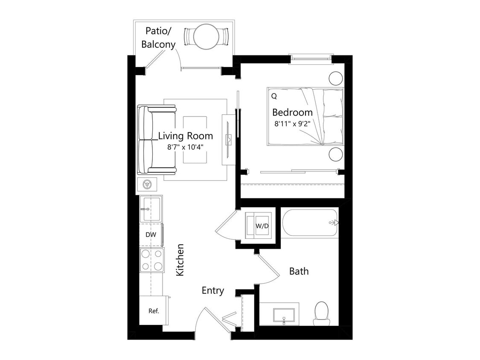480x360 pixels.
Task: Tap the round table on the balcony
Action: [x=206, y=37]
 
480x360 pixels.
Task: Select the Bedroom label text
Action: [x=292, y=113]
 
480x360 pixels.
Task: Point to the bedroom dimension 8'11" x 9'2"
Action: [x=292, y=125]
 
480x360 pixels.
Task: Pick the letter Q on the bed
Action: [x=273, y=96]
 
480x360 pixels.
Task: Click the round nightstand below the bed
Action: [x=336, y=154]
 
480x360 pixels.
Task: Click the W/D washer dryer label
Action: [x=262, y=226]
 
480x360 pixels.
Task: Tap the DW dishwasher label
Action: [x=150, y=235]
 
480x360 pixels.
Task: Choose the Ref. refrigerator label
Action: [x=154, y=311]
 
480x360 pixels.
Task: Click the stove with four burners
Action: [x=152, y=260]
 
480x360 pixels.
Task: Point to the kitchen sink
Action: [x=151, y=209]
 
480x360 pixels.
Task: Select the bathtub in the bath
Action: [x=310, y=223]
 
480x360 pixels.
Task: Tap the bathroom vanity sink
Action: [x=284, y=315]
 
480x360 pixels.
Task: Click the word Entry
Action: [x=212, y=291]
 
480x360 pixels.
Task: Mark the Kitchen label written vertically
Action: [x=180, y=260]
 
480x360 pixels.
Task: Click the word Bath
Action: [x=299, y=271]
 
